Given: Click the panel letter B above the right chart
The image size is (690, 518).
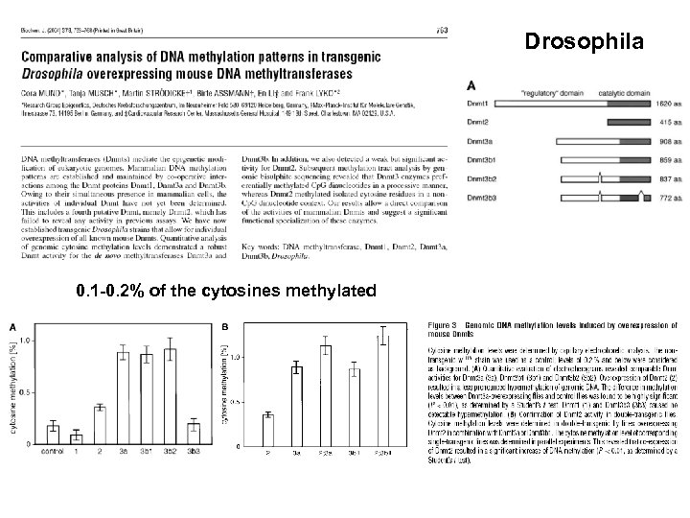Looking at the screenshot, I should coord(226,325).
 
